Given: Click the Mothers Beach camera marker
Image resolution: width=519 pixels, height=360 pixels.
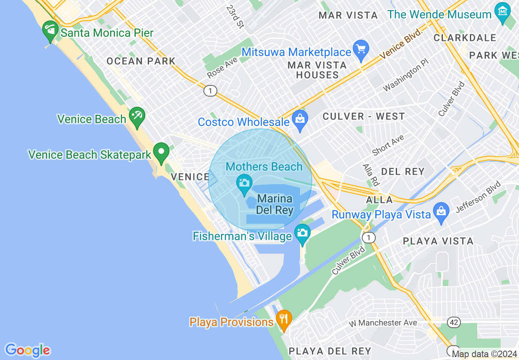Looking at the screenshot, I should coord(244,184).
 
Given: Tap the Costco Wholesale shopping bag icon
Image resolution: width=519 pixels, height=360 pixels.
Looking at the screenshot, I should coord(300,120).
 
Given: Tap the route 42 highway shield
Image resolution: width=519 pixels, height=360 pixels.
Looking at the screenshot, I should coord(454,323).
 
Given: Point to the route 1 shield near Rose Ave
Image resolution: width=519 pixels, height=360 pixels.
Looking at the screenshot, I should coord(210,91).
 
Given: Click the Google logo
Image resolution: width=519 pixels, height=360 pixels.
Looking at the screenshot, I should coord(27,350).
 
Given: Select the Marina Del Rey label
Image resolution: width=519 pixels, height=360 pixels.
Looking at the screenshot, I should coord(275,205).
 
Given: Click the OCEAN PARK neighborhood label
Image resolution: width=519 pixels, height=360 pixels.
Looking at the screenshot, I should coord(141,61).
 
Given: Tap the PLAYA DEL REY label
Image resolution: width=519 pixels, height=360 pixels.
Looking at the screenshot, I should coord(330,351).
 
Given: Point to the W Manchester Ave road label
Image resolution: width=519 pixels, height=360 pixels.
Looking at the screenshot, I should coord(383,323).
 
